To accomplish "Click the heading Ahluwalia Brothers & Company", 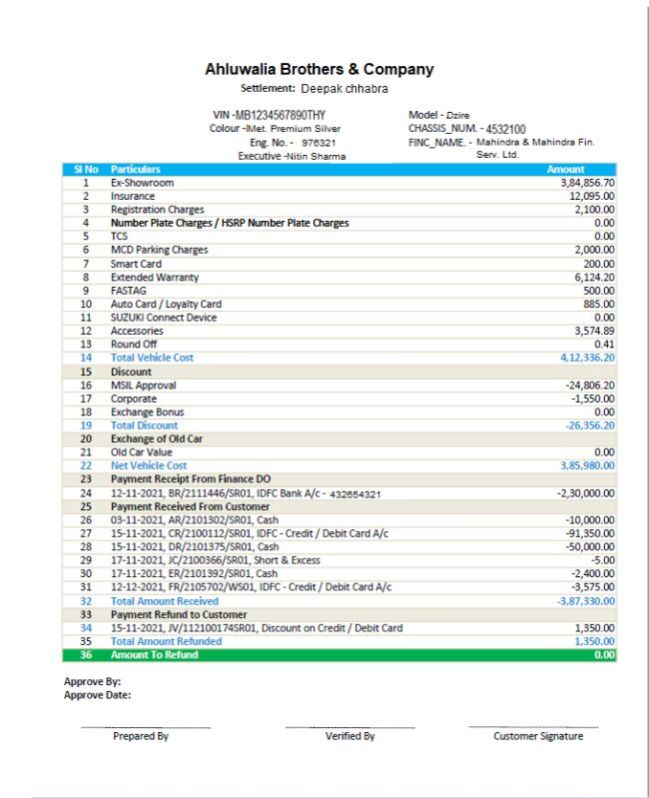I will point(319,69).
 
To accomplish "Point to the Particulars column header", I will point(135,171).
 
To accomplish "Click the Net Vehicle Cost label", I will point(148,466).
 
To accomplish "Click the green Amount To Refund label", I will point(156,655).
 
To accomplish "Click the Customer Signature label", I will point(538,736).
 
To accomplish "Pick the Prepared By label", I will point(140,736).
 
